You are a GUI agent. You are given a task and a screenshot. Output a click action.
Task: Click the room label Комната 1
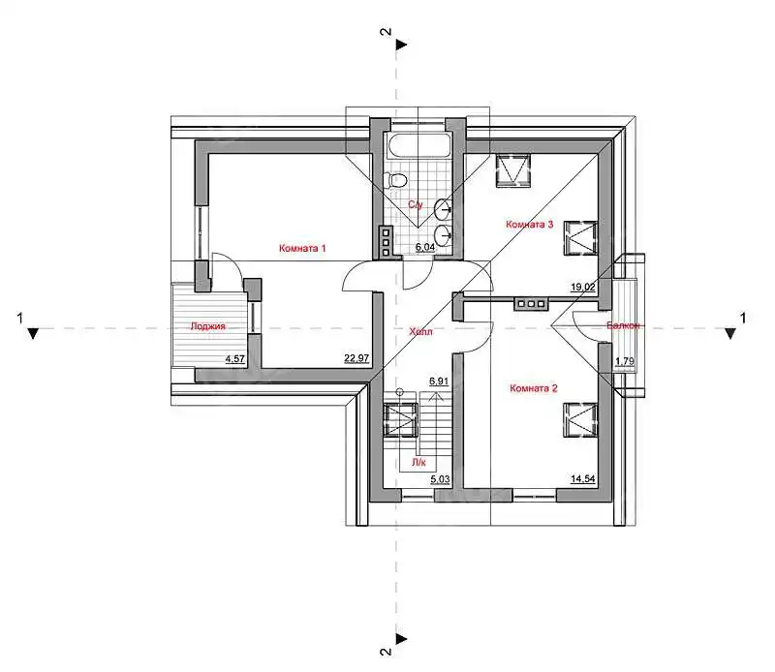[302, 248]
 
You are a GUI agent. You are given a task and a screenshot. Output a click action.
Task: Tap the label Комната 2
[534, 388]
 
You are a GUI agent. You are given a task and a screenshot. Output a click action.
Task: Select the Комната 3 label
[529, 225]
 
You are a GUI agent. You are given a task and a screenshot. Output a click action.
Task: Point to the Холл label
[420, 331]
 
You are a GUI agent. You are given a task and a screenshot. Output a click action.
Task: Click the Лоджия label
[208, 326]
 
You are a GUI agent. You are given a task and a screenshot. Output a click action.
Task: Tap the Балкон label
[623, 325]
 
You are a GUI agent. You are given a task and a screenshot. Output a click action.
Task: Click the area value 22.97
[356, 358]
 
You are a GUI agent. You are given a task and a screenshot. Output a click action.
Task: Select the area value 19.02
[583, 287]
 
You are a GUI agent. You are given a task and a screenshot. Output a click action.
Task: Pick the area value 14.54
[583, 478]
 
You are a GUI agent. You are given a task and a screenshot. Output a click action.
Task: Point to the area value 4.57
[235, 358]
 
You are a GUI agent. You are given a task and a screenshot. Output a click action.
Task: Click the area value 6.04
[425, 247]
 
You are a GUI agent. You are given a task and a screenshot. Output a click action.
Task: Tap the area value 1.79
[625, 361]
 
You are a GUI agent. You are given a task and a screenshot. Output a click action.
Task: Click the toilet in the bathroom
[397, 180]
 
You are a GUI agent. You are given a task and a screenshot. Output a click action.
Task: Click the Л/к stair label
[418, 463]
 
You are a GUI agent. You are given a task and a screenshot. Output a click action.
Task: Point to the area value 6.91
[439, 381]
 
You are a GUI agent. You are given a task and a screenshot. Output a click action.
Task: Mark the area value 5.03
[440, 478]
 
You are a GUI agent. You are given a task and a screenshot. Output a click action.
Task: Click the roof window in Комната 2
[580, 420]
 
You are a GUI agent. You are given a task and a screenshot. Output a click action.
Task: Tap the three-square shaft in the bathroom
[385, 242]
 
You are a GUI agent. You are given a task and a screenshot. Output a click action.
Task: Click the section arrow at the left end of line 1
[33, 333]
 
